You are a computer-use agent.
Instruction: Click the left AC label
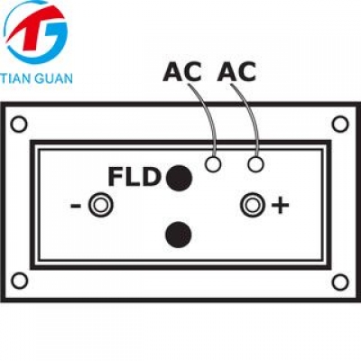pos(182,71)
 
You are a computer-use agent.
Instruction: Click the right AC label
pos(236,71)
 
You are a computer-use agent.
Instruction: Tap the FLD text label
pos(134,177)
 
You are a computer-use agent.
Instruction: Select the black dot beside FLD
pos(179,178)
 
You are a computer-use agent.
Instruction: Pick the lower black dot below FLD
pos(179,235)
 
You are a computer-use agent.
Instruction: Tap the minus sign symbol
pos(76,206)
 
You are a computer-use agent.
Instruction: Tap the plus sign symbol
pos(281,206)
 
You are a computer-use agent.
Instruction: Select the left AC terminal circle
pos(213,158)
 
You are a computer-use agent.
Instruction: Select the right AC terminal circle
pos(255,158)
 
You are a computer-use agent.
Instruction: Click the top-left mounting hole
pos(19,117)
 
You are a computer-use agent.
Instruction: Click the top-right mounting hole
pos(340,117)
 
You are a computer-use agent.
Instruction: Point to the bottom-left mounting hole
pos(19,274)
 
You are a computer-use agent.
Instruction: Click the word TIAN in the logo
pos(15,79)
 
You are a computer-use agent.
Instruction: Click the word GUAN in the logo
pos(54,79)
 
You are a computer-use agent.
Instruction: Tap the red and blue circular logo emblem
pos(36,32)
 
